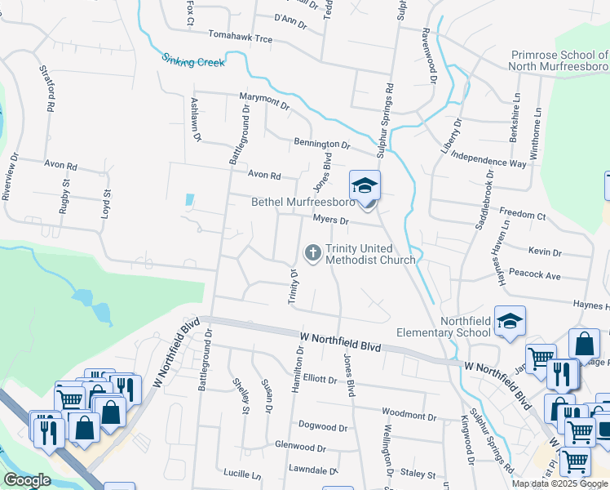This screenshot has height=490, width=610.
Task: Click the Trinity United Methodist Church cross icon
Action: [x=312, y=253]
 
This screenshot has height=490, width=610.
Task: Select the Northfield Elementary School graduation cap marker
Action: [x=510, y=321]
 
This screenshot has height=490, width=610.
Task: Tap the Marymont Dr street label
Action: [x=264, y=101]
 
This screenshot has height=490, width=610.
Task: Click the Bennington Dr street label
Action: [x=321, y=145]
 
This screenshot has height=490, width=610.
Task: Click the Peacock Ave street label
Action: [x=533, y=275]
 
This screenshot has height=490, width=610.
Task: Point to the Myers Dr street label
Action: [x=330, y=220]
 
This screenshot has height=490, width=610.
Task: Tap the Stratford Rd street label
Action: [x=46, y=90]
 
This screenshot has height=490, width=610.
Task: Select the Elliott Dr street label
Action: [x=319, y=379]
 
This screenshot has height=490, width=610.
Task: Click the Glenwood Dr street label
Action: [x=300, y=448]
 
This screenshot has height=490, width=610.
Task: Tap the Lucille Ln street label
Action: [x=241, y=473]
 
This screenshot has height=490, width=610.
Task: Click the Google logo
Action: [x=27, y=480]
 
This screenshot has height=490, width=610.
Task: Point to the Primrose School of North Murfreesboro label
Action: [x=559, y=60]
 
